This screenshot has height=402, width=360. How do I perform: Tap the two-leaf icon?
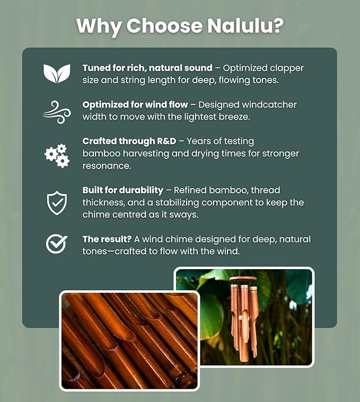(x=57, y=74)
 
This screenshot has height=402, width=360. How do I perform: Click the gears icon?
(x=57, y=155)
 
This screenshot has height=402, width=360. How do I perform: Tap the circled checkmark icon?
(x=57, y=244)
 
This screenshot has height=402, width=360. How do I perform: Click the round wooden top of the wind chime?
(x=243, y=279)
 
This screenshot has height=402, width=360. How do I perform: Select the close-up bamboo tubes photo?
(x=129, y=341)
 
